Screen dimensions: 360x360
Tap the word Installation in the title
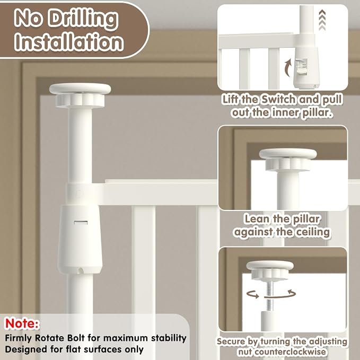69,42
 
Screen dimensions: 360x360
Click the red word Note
22,323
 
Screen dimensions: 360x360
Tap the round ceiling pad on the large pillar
80,89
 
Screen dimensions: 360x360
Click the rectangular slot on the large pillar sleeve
81,223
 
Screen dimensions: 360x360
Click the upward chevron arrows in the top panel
322,21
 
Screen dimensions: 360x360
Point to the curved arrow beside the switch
288,67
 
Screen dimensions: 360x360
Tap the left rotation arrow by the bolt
253,294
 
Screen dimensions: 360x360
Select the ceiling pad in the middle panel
288,153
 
